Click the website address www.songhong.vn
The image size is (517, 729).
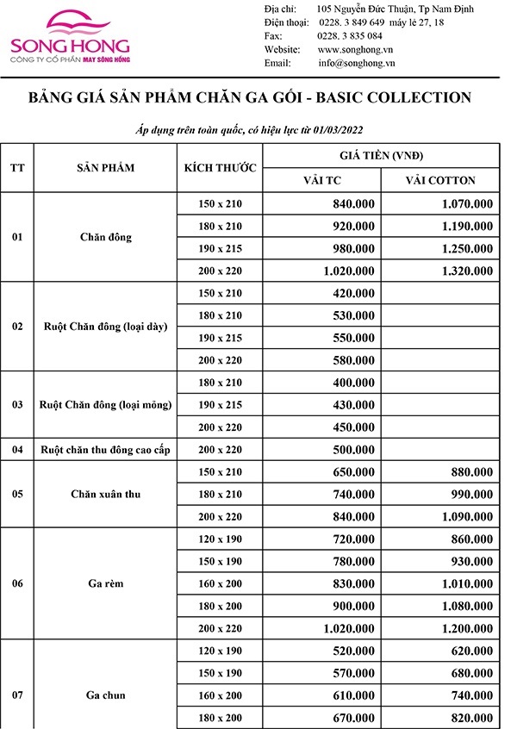pyautogui.click(x=350, y=50)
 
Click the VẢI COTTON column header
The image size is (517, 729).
pyautogui.click(x=440, y=180)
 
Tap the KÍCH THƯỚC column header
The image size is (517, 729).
pyautogui.click(x=220, y=167)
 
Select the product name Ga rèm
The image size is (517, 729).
pyautogui.click(x=106, y=584)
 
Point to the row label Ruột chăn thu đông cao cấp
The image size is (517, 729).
pyautogui.click(x=106, y=450)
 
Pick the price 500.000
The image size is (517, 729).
pyautogui.click(x=354, y=450)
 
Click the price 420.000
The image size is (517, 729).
pyautogui.click(x=354, y=293)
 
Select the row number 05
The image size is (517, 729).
pyautogui.click(x=17, y=495)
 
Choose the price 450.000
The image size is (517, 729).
pyautogui.click(x=354, y=427)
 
